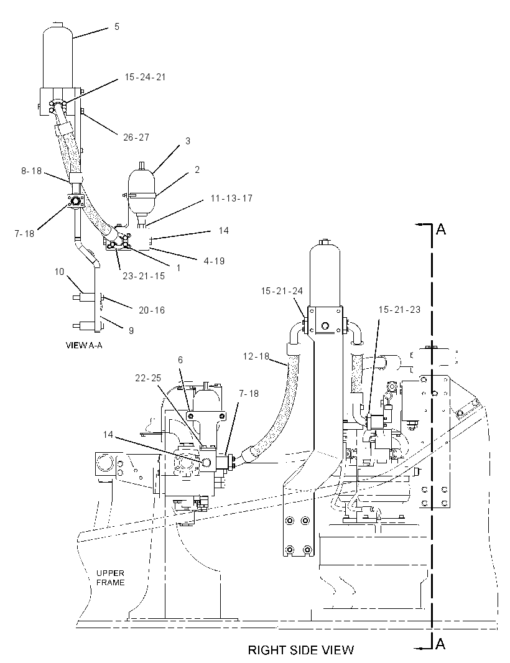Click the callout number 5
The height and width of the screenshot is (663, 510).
[x=117, y=27]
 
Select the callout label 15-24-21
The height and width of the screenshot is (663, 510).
[x=145, y=77]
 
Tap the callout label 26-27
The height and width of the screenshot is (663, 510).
[x=136, y=137]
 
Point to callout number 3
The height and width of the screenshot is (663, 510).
[x=188, y=141]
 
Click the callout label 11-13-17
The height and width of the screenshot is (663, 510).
[x=231, y=198]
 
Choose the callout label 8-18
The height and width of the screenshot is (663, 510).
[x=31, y=171]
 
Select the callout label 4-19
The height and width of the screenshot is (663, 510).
[x=214, y=261]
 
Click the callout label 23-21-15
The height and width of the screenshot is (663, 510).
[x=143, y=276]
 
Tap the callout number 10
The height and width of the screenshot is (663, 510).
[x=59, y=271]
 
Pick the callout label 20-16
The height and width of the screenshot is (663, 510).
[x=151, y=310]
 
